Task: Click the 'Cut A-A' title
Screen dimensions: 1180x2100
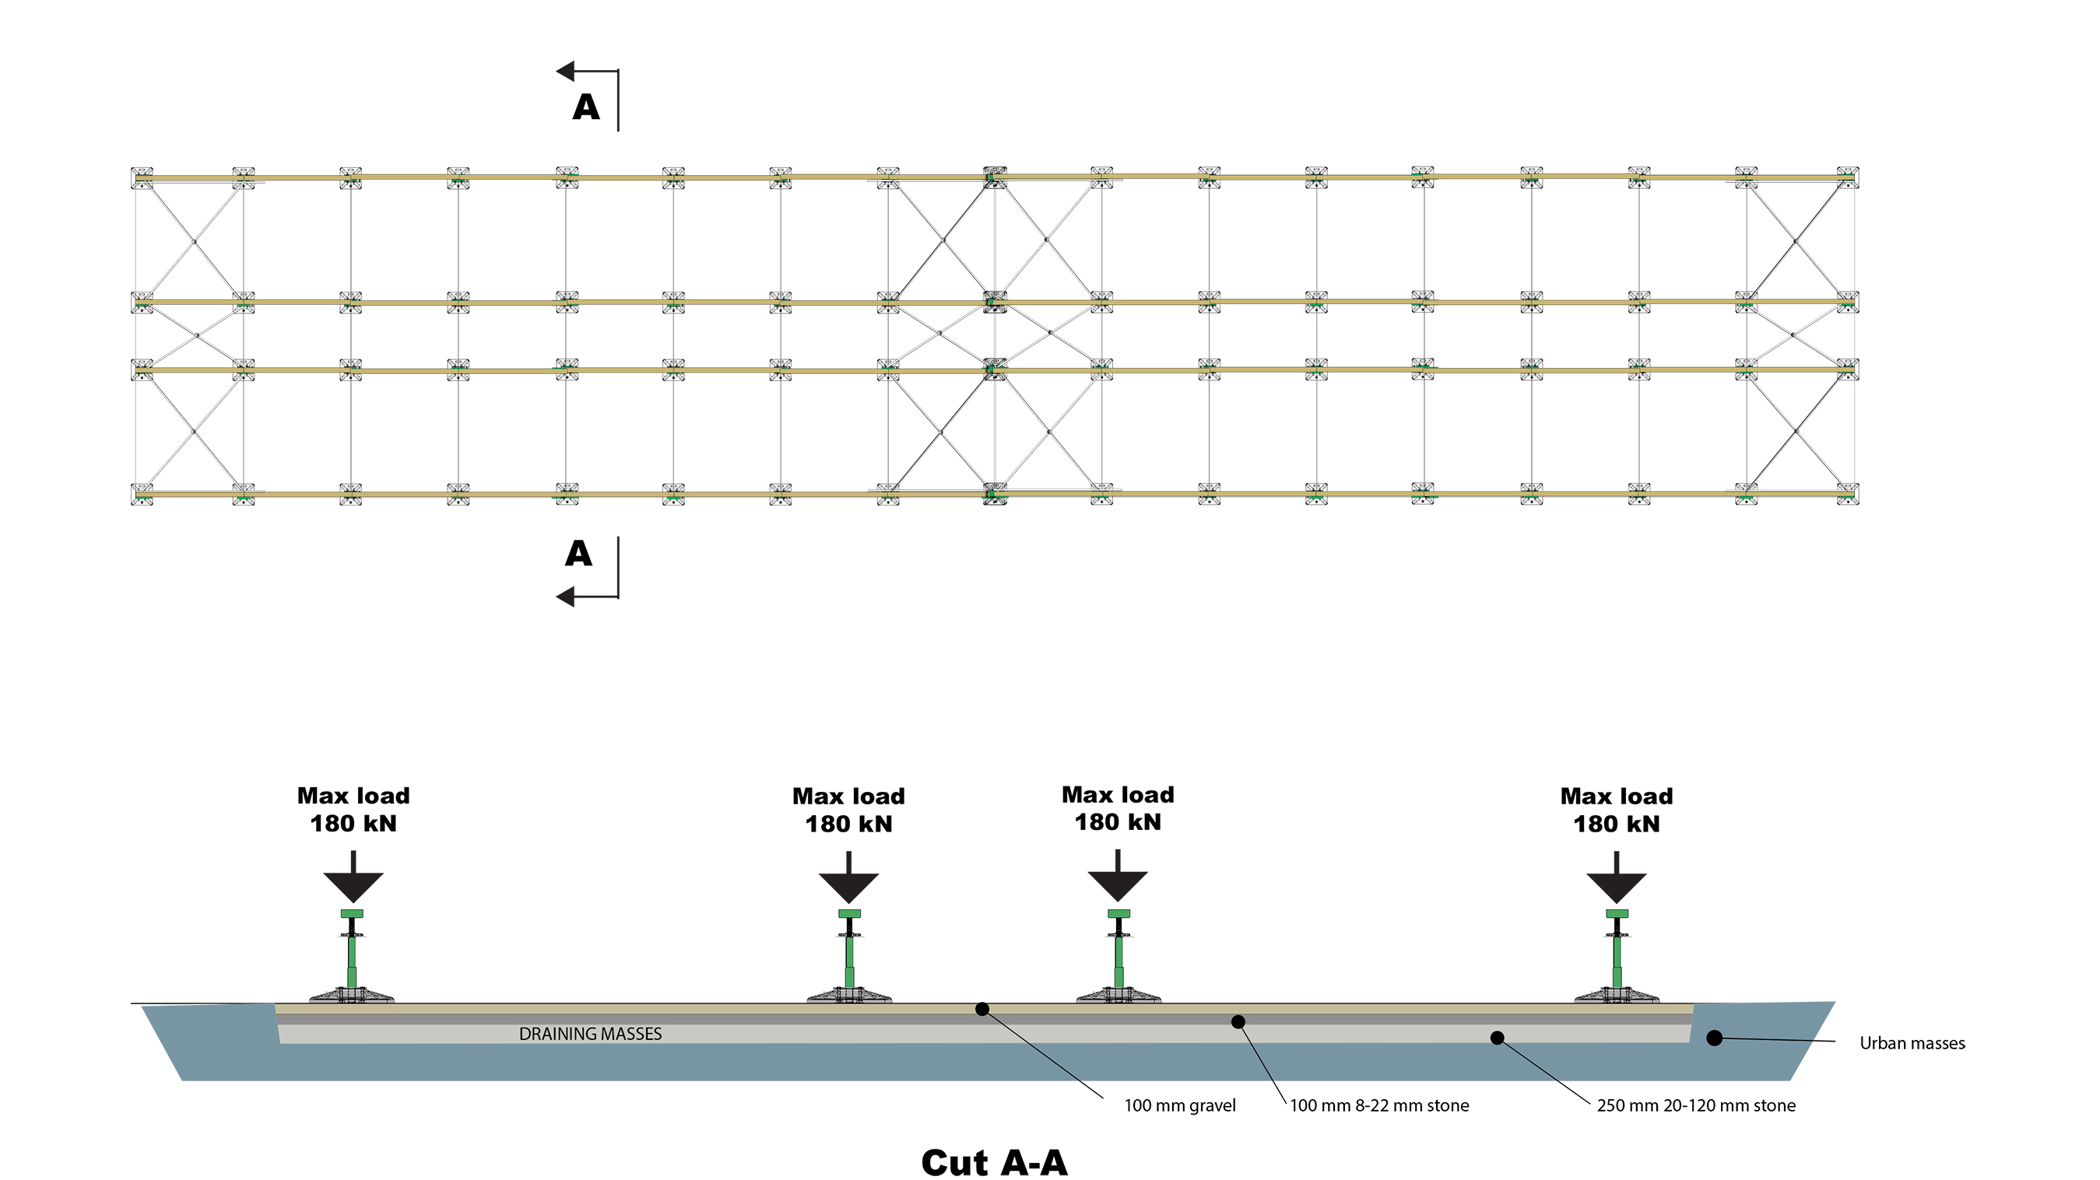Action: coord(994,1162)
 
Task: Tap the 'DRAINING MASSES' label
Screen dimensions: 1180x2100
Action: coord(590,1034)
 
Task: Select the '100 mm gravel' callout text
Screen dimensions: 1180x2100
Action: coord(1180,1106)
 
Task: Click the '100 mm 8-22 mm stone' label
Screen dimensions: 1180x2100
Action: coord(1379,1106)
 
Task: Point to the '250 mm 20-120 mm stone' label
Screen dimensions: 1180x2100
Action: coord(1696,1106)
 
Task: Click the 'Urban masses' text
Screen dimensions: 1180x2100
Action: coord(1912,1043)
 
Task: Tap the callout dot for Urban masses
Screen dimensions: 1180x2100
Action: coord(1715,1038)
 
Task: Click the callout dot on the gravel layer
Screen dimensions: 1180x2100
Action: coord(982,1010)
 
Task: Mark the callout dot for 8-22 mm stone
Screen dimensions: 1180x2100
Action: coord(1238,1022)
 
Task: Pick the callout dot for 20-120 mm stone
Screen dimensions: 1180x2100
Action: coord(1497,1038)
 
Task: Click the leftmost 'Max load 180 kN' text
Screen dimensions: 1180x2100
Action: coord(353,809)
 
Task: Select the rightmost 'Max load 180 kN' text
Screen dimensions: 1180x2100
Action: coord(1616,809)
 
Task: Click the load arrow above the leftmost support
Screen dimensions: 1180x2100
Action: coord(353,880)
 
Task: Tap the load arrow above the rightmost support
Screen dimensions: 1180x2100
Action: coord(1616,880)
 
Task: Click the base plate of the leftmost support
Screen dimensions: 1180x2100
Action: coord(351,996)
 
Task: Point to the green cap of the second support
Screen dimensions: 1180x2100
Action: coord(848,913)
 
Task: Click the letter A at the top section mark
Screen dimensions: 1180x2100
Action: coord(586,107)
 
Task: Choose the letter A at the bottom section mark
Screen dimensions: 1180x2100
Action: coord(579,554)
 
